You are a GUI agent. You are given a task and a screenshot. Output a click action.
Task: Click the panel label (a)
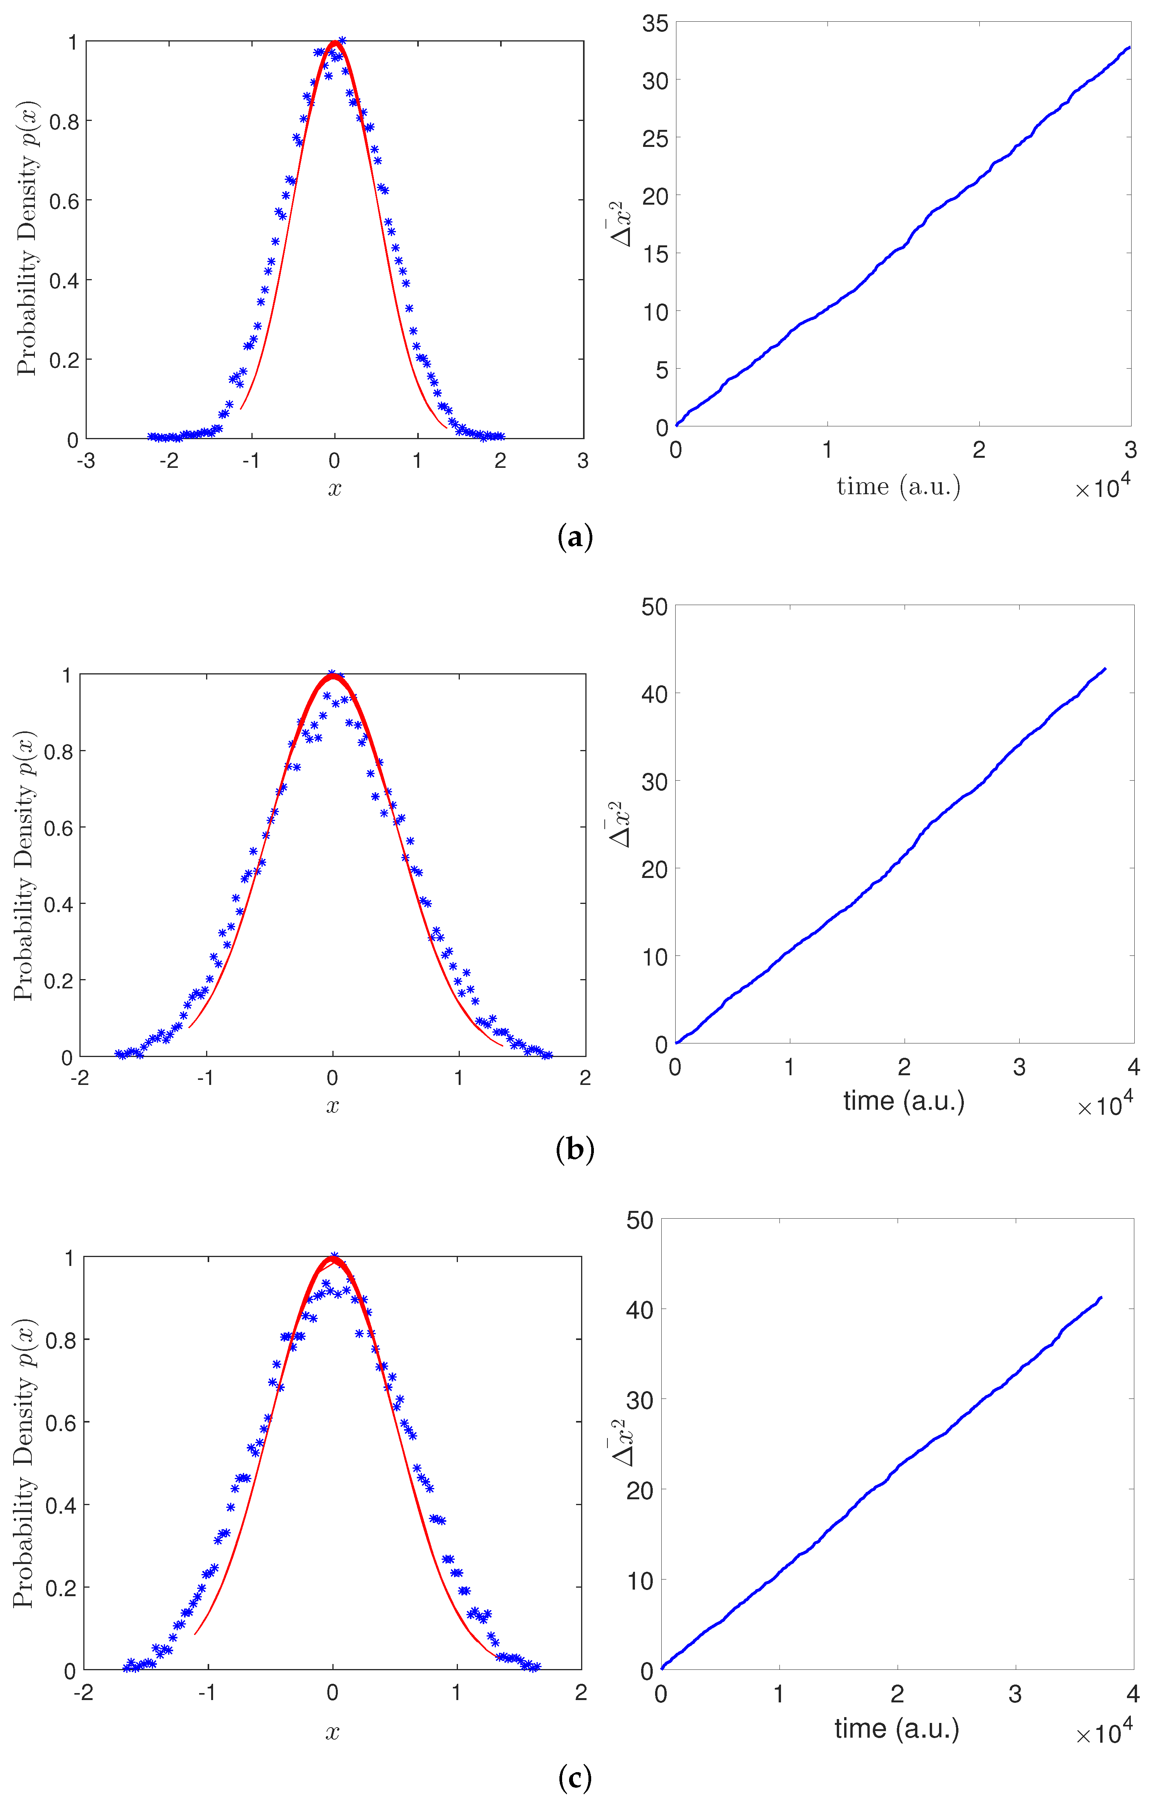click(576, 538)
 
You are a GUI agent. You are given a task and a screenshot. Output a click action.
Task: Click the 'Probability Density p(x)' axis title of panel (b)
click(24, 865)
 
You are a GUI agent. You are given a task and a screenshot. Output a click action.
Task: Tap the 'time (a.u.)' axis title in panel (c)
click(897, 1728)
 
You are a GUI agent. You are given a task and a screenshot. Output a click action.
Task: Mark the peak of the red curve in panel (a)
click(335, 43)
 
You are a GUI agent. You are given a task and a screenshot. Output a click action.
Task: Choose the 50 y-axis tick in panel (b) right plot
click(654, 607)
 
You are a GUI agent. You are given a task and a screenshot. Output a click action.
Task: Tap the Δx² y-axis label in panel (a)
click(621, 224)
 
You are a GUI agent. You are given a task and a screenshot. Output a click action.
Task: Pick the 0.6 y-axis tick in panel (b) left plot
click(58, 828)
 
